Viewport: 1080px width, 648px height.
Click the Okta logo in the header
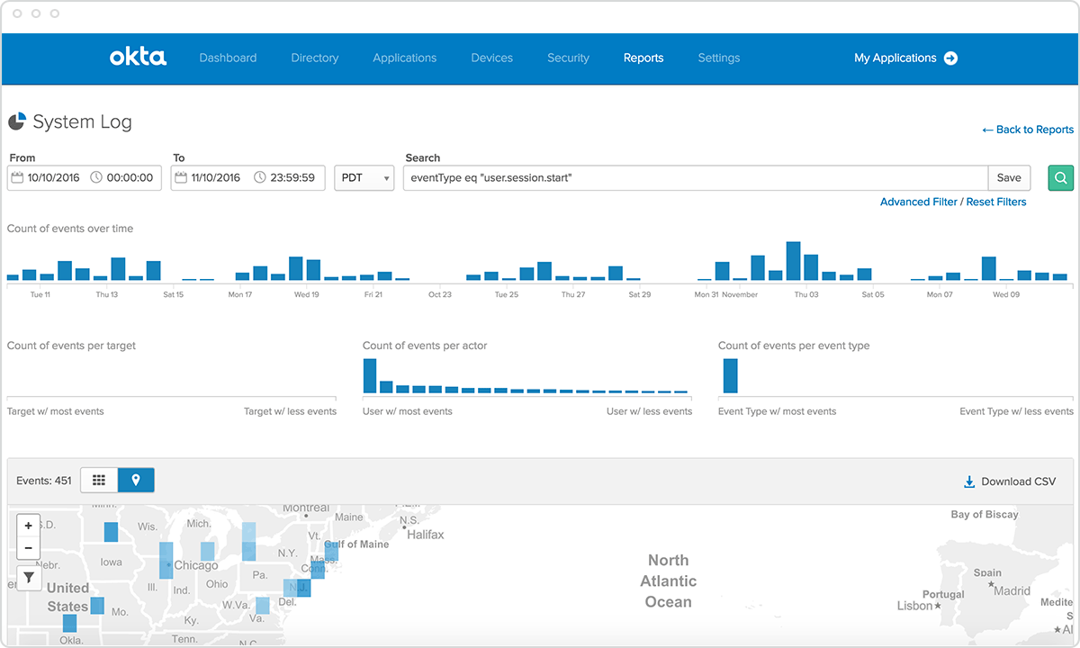(138, 58)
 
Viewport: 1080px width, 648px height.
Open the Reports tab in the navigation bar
(643, 58)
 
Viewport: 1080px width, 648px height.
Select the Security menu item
(568, 58)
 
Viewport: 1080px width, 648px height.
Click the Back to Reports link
(1028, 130)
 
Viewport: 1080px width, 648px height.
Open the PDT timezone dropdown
(364, 177)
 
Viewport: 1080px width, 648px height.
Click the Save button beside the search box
(1009, 177)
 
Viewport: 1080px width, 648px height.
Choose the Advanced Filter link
(918, 202)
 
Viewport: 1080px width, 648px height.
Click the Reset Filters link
(996, 202)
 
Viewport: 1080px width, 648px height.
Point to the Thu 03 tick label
(806, 294)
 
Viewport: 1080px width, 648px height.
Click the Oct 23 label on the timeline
(440, 294)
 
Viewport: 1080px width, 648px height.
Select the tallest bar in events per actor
(369, 375)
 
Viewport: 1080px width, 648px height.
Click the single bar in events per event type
(730, 375)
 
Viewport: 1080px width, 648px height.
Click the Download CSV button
(1009, 481)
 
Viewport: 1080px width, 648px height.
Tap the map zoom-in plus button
(29, 526)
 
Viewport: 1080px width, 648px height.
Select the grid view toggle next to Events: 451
(99, 481)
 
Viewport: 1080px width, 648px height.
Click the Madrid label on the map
(1012, 591)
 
